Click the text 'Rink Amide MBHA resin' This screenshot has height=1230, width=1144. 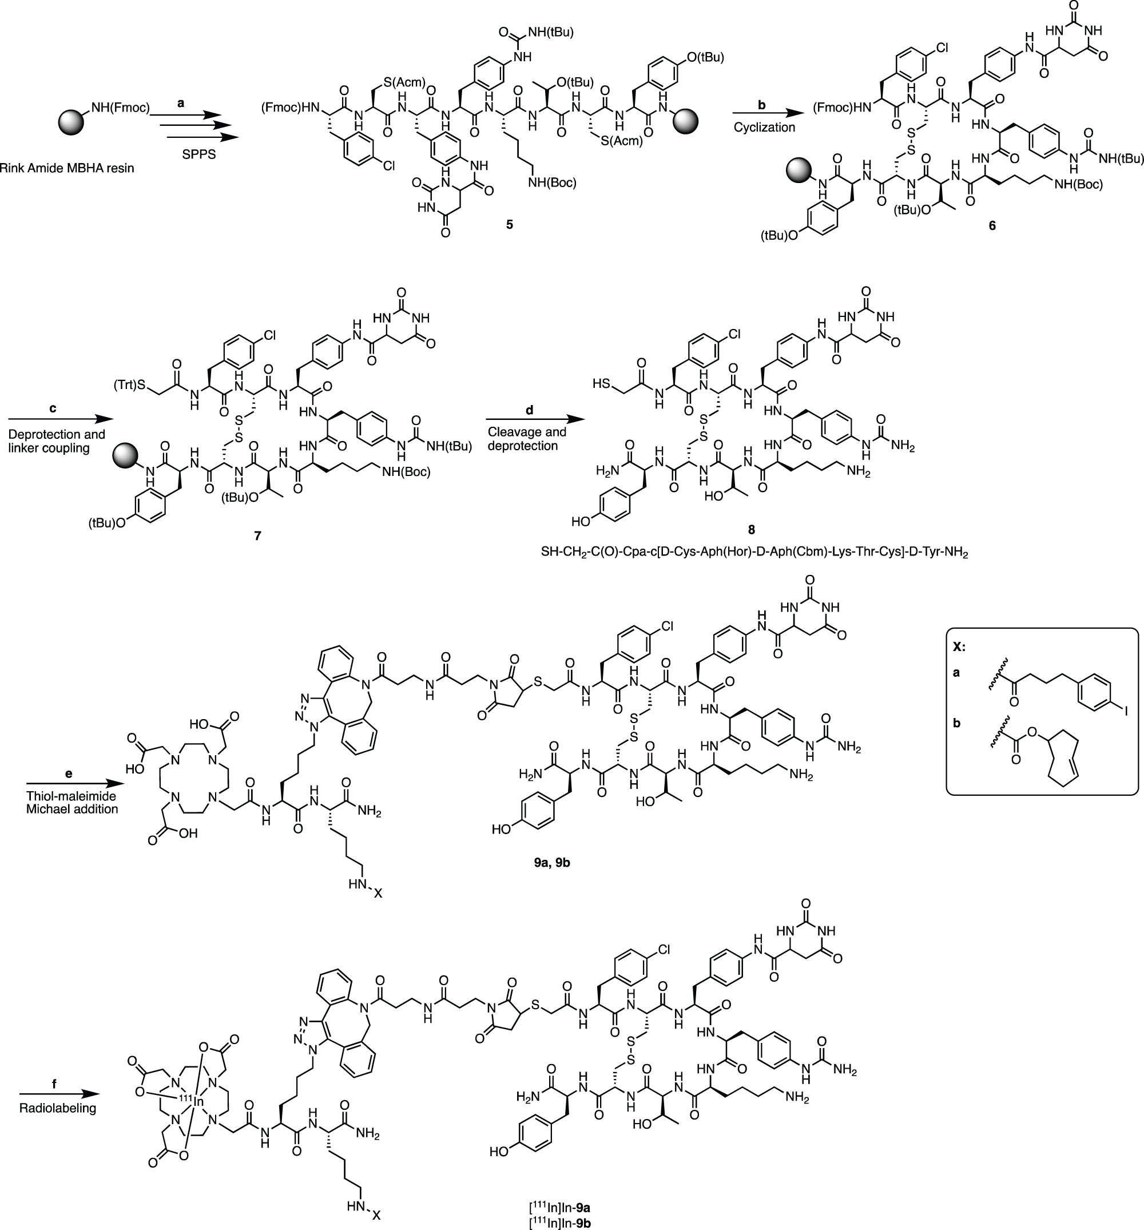point(66,168)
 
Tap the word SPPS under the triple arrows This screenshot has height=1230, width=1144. point(199,154)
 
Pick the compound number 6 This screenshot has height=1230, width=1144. point(992,226)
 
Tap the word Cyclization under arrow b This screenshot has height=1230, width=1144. point(764,128)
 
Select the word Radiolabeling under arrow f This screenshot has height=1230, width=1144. point(58,1108)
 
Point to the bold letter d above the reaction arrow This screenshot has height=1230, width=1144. point(528,410)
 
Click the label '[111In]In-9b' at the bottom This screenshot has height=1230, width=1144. point(559,1223)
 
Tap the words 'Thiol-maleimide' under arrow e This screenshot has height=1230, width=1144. point(71,797)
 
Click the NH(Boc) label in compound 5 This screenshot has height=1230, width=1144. point(552,182)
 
